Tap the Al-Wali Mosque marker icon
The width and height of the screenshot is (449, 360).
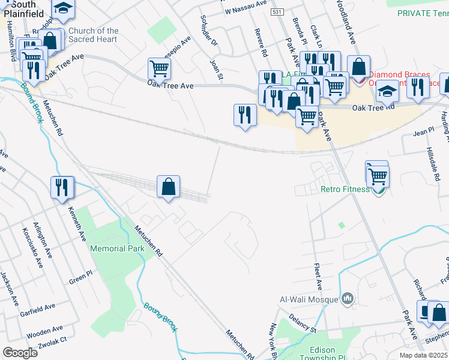click(x=348, y=299)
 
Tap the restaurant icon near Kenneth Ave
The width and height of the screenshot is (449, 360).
click(x=62, y=188)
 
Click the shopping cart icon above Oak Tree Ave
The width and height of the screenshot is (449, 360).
click(x=159, y=68)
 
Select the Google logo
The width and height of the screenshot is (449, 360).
click(x=20, y=353)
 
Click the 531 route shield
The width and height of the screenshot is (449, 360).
click(x=277, y=11)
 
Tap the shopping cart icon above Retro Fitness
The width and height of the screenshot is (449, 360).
click(x=378, y=175)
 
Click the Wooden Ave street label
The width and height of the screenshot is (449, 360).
click(x=44, y=329)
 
